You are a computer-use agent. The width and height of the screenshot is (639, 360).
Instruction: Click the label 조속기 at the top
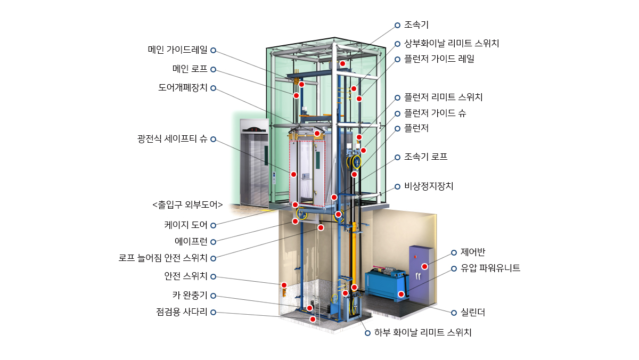(x=416, y=25)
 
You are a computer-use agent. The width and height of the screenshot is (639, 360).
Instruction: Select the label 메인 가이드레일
(x=177, y=50)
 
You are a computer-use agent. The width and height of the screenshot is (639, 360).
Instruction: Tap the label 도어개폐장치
(x=183, y=87)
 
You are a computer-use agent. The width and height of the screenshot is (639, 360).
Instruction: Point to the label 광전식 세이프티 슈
(x=172, y=139)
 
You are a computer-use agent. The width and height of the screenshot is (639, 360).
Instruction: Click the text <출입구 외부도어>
(x=187, y=204)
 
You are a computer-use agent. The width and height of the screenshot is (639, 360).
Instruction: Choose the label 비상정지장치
(x=429, y=186)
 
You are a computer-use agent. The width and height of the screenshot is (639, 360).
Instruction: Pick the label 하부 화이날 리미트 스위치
(x=423, y=332)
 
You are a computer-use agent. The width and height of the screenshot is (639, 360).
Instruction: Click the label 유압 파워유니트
(x=490, y=268)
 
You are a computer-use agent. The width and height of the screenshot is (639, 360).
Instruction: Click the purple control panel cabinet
(x=422, y=274)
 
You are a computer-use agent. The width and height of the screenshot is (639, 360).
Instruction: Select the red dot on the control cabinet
(x=424, y=266)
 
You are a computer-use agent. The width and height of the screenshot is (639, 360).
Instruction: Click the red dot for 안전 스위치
(x=284, y=285)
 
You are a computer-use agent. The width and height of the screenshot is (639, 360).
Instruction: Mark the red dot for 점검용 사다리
(x=313, y=319)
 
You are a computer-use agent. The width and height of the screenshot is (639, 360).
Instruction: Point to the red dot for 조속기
(x=342, y=63)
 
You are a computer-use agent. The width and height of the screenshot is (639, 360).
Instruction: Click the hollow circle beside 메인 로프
(x=213, y=69)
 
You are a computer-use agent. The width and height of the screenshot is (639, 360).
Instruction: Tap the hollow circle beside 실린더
(x=454, y=313)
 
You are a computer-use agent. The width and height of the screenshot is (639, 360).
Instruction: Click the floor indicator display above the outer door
(x=254, y=130)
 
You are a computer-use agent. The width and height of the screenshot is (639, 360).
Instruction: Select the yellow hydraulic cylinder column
(x=354, y=254)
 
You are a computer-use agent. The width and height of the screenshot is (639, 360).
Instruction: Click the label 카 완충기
(x=190, y=295)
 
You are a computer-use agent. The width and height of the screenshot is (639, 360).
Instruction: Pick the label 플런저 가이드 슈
(x=435, y=113)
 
